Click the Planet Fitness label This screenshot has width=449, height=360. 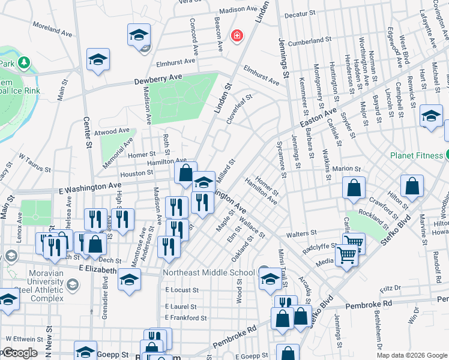[x=416, y=155]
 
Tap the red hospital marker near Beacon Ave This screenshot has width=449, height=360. [x=238, y=36]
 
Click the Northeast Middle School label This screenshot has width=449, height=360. [x=209, y=272]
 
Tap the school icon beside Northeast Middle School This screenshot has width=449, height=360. [x=270, y=279]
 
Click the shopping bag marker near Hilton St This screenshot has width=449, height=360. [x=412, y=187]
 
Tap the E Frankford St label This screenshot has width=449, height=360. [x=186, y=317]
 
